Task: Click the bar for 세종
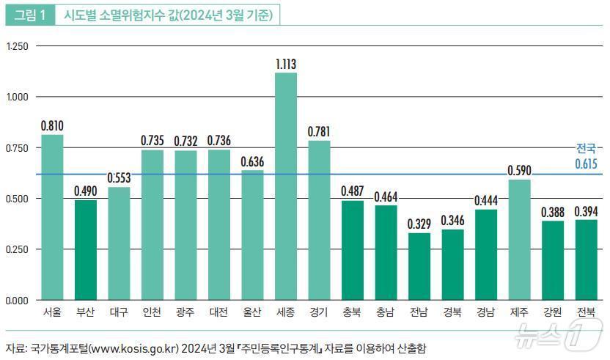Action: coord(286,186)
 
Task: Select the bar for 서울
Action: coord(52,217)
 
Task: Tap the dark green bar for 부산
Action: coord(86,250)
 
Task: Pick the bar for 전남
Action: coord(419,266)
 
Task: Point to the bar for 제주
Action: coord(519,240)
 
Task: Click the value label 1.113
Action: coord(286,65)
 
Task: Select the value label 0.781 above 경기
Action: coord(320,132)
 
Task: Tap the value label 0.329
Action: coord(419,224)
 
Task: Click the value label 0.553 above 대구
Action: coord(119,178)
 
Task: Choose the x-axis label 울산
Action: coord(252,312)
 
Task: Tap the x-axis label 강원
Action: coord(553,312)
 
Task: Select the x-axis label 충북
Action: coord(352,312)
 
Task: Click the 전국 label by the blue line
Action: coord(586,148)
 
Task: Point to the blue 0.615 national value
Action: coord(586,164)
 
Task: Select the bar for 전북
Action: coord(586,260)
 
